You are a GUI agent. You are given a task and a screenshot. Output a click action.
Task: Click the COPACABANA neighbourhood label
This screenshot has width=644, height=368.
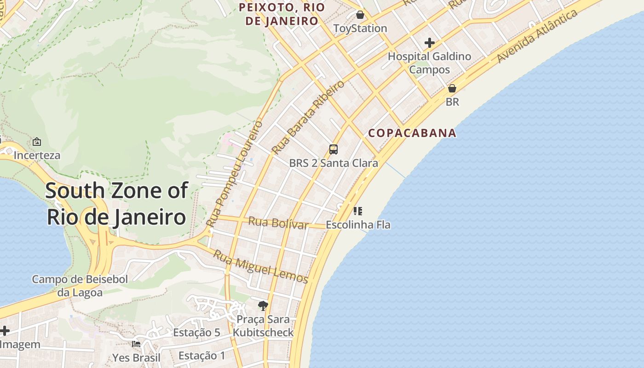pos(412,133)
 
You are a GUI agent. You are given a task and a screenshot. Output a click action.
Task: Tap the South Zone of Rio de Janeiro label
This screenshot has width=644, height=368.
pos(117,203)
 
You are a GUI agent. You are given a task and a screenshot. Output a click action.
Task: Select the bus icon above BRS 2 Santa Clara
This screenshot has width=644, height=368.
pos(333,149)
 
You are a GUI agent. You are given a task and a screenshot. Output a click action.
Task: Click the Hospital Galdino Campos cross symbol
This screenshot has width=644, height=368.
pos(430,43)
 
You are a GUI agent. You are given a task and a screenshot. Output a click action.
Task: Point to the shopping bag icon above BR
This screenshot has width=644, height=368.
pos(452,88)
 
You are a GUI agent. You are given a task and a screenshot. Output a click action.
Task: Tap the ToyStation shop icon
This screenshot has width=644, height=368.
pos(360,15)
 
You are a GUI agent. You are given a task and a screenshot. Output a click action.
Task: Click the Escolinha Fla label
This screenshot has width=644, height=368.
pos(358,225)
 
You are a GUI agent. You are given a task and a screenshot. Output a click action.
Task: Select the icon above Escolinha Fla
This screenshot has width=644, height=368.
pos(358,211)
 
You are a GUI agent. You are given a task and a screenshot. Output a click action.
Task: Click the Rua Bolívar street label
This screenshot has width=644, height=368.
pos(278,223)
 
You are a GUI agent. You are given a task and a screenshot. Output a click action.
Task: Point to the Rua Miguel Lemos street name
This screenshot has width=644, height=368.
pos(260,266)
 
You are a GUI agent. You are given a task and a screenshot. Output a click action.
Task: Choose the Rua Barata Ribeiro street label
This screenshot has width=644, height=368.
pos(307,118)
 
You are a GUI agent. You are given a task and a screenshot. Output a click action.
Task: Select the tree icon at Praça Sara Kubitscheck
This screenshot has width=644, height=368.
pos(263,305)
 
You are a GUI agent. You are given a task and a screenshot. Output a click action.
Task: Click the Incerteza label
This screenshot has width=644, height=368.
pos(37,155)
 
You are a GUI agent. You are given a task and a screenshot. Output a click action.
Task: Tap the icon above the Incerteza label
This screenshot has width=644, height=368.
pos(37,142)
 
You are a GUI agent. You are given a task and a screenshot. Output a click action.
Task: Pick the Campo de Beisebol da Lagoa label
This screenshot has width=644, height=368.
pos(80,286)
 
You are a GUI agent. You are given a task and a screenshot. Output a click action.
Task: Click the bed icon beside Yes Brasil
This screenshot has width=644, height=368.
pos(136,344)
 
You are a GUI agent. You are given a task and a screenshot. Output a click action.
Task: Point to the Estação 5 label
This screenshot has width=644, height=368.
pos(196,333)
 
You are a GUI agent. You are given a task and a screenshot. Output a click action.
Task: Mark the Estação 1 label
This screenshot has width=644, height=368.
pos(202,356)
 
